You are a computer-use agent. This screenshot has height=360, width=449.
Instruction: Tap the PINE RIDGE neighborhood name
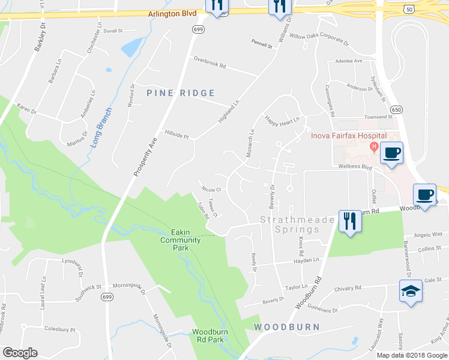pos(181,92)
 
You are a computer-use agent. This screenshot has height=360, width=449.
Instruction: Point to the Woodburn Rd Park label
pos(215,335)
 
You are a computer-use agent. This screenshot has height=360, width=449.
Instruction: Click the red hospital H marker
pos(374,146)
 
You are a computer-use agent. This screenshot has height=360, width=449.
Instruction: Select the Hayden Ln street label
pos(306,260)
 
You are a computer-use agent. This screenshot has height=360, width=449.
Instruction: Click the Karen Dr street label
pos(26,111)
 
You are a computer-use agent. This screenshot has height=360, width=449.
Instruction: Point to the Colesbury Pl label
pos(60,329)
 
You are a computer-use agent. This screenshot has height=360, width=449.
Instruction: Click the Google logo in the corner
pos(20,353)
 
